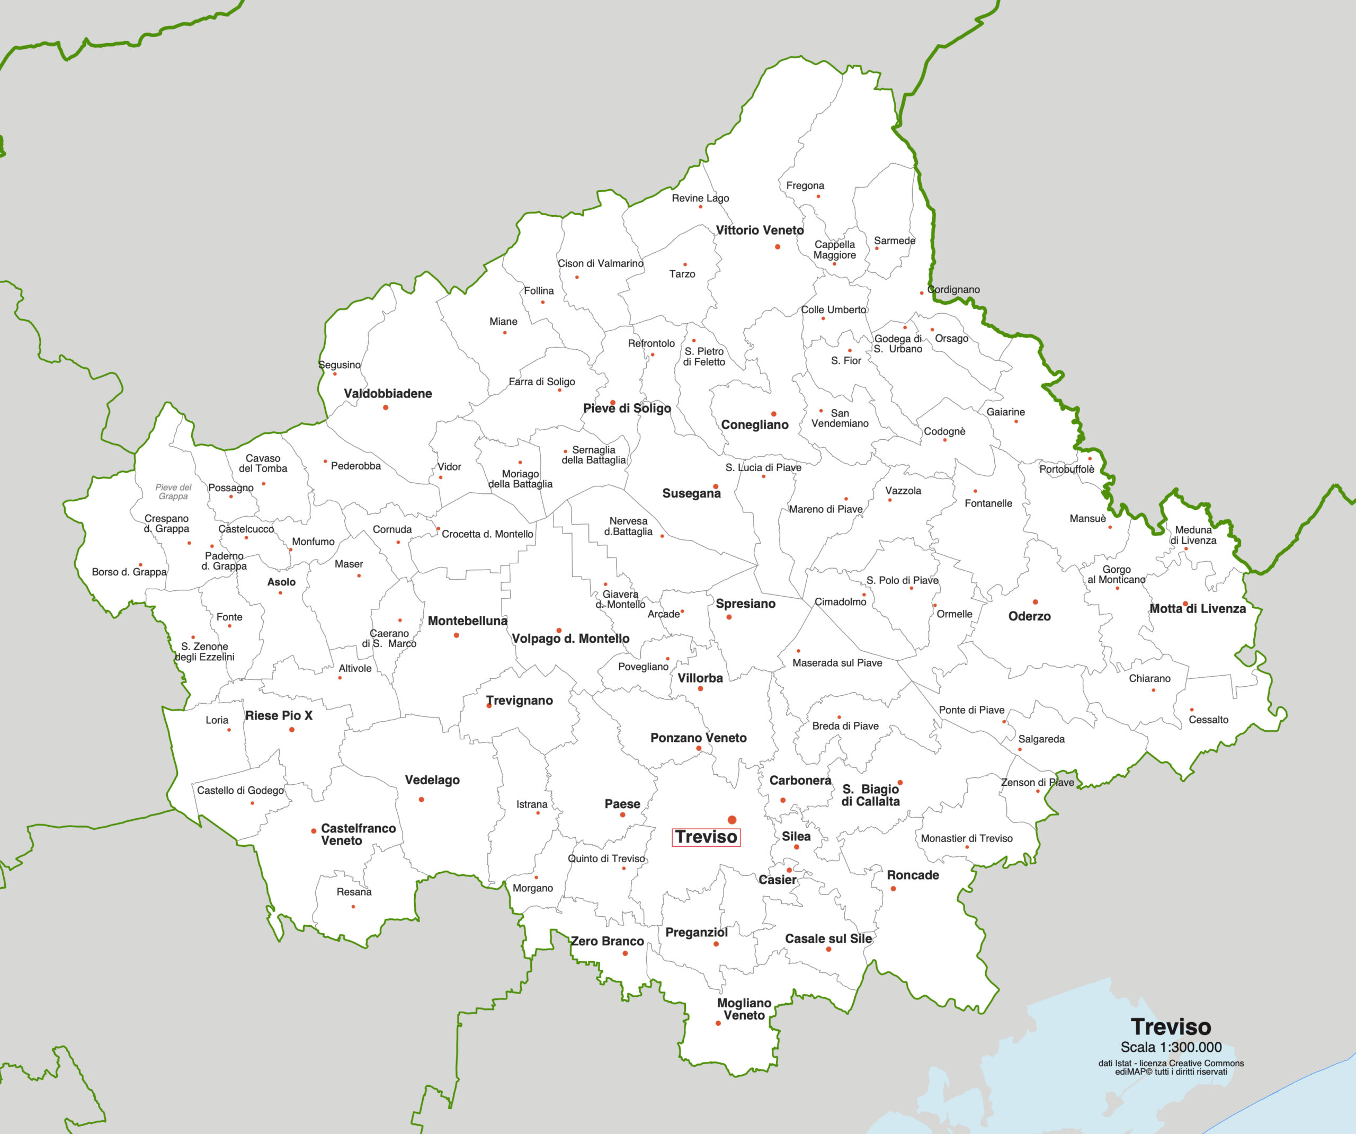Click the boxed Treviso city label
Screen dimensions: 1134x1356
[x=706, y=837]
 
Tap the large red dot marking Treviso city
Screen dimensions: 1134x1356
[x=731, y=820]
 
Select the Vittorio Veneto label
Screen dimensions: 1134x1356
[x=760, y=230]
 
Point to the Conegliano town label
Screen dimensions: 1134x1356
[x=754, y=424]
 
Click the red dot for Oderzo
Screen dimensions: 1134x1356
[x=1035, y=601]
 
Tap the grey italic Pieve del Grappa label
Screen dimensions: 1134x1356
[x=173, y=492]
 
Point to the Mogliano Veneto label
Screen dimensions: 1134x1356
[x=744, y=1008]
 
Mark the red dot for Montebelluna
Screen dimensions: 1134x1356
[x=457, y=635]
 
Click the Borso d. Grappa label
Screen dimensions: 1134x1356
[x=129, y=572]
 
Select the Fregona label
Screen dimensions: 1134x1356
[x=805, y=185]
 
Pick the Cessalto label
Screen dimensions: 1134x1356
[x=1208, y=720]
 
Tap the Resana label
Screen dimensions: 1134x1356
[x=354, y=892]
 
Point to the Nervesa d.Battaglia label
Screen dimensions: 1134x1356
[x=628, y=526]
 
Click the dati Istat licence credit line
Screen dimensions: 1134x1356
[x=1171, y=1063]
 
